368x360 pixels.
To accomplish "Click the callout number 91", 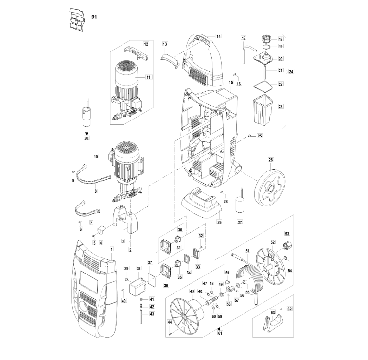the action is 94,17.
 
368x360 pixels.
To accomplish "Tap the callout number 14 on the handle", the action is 218,36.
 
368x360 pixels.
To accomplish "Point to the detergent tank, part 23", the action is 263,110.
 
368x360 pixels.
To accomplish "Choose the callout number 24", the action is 291,72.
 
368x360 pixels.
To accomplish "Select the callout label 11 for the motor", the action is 149,77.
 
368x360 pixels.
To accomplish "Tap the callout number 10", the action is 96,157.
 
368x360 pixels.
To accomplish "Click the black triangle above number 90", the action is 87,133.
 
